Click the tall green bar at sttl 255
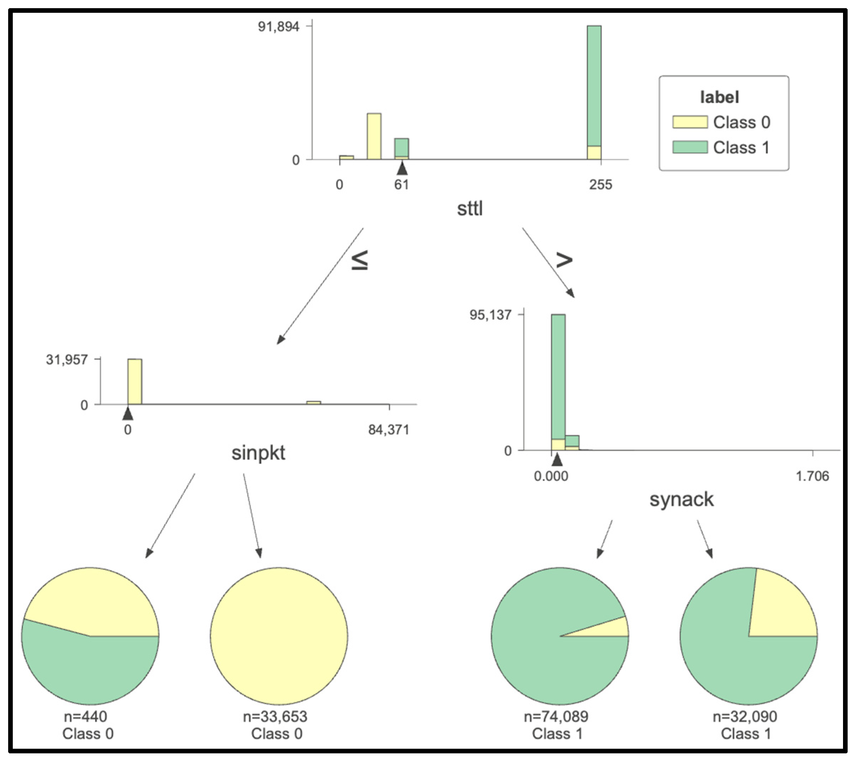594,86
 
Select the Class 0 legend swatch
690,122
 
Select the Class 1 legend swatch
690,147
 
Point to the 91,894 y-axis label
278,27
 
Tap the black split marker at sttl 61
402,169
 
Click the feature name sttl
469,208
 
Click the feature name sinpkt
258,453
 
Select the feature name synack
681,499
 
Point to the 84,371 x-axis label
388,430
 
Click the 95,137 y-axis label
490,315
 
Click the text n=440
85,716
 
